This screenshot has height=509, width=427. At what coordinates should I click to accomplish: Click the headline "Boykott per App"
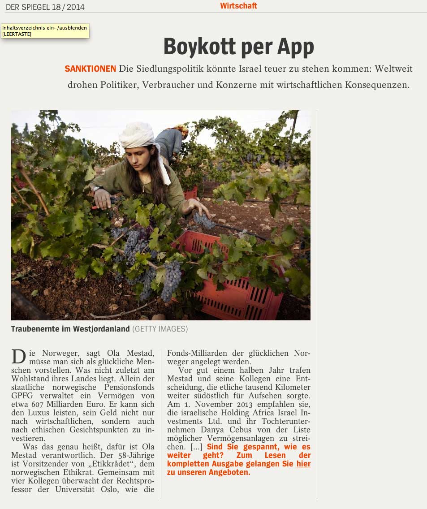238,46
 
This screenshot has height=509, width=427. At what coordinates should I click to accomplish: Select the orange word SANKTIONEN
90,69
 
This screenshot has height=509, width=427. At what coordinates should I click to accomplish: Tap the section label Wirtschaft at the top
238,6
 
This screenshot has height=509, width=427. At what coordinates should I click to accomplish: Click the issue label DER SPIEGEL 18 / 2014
45,7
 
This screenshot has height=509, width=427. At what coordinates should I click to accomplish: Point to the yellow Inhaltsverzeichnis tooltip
45,30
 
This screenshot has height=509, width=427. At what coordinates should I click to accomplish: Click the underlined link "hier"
303,464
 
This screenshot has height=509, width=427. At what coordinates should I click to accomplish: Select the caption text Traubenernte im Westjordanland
70,329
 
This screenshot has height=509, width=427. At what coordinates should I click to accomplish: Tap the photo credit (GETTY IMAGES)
160,329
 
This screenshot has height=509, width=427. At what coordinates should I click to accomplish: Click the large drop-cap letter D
18,357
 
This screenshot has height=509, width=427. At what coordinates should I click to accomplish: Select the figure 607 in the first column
39,404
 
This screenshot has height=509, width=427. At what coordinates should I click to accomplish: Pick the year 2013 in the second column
237,404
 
